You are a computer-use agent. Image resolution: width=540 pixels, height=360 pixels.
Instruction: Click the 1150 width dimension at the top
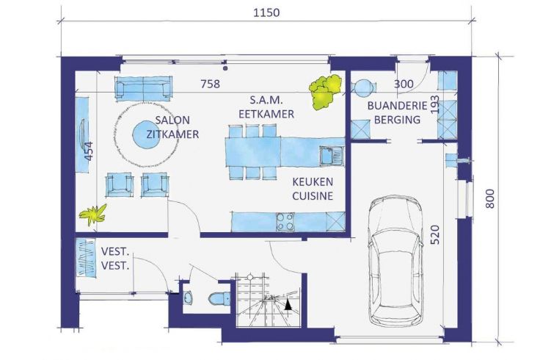(x=266, y=12)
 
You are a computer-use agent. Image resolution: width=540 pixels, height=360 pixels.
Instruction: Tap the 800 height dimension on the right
(x=490, y=198)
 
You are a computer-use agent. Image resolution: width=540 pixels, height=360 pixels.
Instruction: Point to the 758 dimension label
(x=210, y=84)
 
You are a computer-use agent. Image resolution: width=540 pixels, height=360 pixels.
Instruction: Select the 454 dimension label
(x=89, y=151)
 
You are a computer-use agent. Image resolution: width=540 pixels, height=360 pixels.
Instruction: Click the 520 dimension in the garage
(x=435, y=234)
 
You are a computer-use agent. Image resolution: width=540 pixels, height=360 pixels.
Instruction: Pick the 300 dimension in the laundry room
(x=404, y=84)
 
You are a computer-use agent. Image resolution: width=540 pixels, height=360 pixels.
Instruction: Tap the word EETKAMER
(x=266, y=114)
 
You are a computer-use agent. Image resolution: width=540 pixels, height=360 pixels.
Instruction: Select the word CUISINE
(x=313, y=196)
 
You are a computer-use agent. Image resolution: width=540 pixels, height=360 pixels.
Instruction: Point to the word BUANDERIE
(x=397, y=106)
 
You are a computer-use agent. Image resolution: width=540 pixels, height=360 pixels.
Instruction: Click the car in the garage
(x=395, y=261)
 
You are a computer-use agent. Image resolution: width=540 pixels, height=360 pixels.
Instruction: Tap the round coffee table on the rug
(x=145, y=135)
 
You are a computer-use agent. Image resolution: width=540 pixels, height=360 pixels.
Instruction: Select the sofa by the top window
(x=143, y=89)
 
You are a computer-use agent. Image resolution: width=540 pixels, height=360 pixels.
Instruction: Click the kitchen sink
(x=332, y=156)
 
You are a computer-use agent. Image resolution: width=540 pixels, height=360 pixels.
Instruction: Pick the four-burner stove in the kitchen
(x=285, y=222)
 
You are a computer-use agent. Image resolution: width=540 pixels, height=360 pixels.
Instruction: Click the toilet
(x=219, y=298)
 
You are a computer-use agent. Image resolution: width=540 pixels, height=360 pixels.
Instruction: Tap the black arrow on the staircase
(x=288, y=304)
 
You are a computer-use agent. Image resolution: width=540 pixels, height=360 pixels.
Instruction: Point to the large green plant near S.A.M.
(x=325, y=91)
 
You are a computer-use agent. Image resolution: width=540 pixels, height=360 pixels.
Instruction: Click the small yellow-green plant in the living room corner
(x=93, y=215)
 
